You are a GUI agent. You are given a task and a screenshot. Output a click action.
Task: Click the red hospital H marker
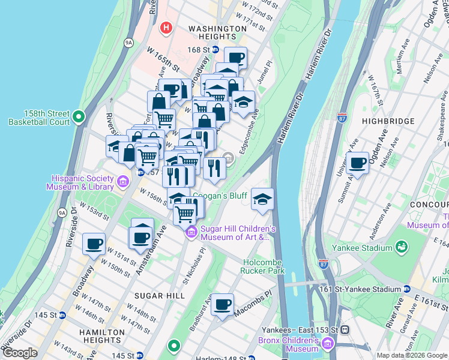coord(166,28)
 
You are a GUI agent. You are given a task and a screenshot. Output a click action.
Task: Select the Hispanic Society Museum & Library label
coord(83,182)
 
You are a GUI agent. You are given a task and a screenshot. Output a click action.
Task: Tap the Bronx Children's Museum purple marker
coord(327,344)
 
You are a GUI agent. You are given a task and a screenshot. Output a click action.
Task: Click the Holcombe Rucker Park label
coord(272,266)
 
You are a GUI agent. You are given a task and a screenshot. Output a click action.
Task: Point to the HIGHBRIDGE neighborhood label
coord(388,121)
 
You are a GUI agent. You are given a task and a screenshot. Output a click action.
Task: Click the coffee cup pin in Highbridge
coord(358,163)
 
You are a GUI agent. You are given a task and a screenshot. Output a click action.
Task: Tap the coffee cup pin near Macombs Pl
coord(223,305)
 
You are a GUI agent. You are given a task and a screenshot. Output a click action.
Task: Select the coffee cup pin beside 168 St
coord(235,59)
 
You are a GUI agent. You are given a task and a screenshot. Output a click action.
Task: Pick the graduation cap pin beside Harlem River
coord(262,199)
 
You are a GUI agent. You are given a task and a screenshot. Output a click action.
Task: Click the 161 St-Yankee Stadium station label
coord(367,289)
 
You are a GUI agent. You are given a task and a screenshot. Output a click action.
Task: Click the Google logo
coord(20,353)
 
